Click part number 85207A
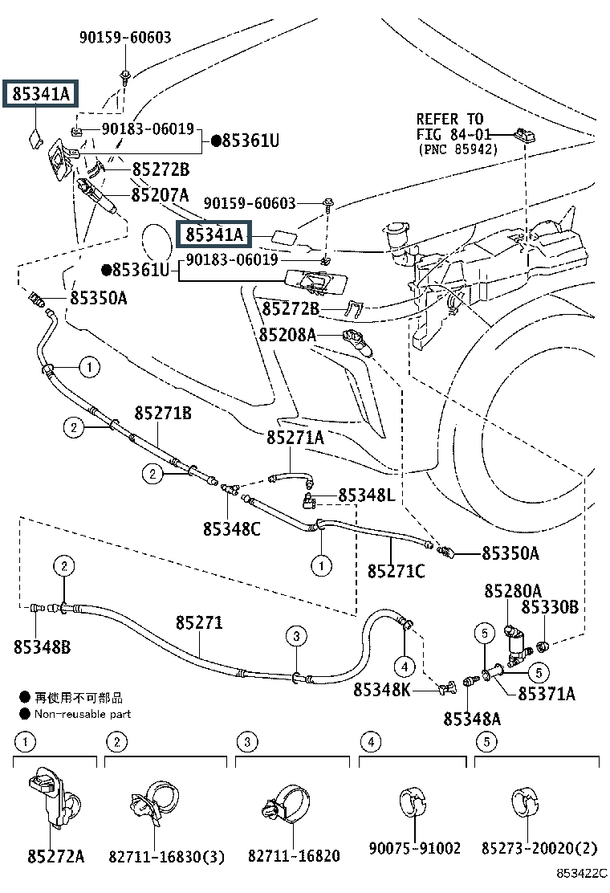click(x=161, y=195)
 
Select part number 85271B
click(x=163, y=414)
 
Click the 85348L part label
click(x=366, y=495)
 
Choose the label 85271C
click(x=396, y=572)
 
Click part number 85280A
click(x=512, y=591)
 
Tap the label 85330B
click(x=550, y=608)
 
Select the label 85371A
click(x=547, y=693)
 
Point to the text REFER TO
click(x=449, y=120)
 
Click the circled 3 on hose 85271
click(x=296, y=637)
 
